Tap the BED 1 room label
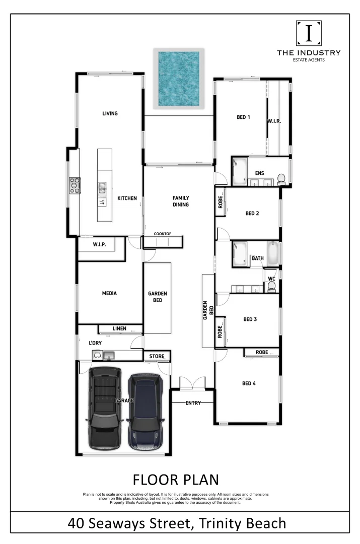pyautogui.click(x=243, y=117)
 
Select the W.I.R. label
pyautogui.click(x=274, y=121)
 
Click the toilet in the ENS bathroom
pyautogui.click(x=281, y=178)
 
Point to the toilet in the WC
pyautogui.click(x=272, y=286)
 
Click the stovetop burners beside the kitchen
pyautogui.click(x=75, y=185)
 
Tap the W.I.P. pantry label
pyautogui.click(x=99, y=244)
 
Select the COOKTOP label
pyautogui.click(x=163, y=234)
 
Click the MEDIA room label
pyautogui.click(x=109, y=293)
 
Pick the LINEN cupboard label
pyautogui.click(x=119, y=328)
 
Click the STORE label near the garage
pyautogui.click(x=157, y=357)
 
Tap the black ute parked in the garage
pyautogui.click(x=104, y=408)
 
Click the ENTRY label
pyautogui.click(x=193, y=403)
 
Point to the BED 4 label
pyautogui.click(x=249, y=383)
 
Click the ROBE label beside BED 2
pyautogui.click(x=220, y=201)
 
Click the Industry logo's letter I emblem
pyautogui.click(x=309, y=33)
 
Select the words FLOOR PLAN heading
pyautogui.click(x=176, y=479)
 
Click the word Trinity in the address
pyautogui.click(x=220, y=523)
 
